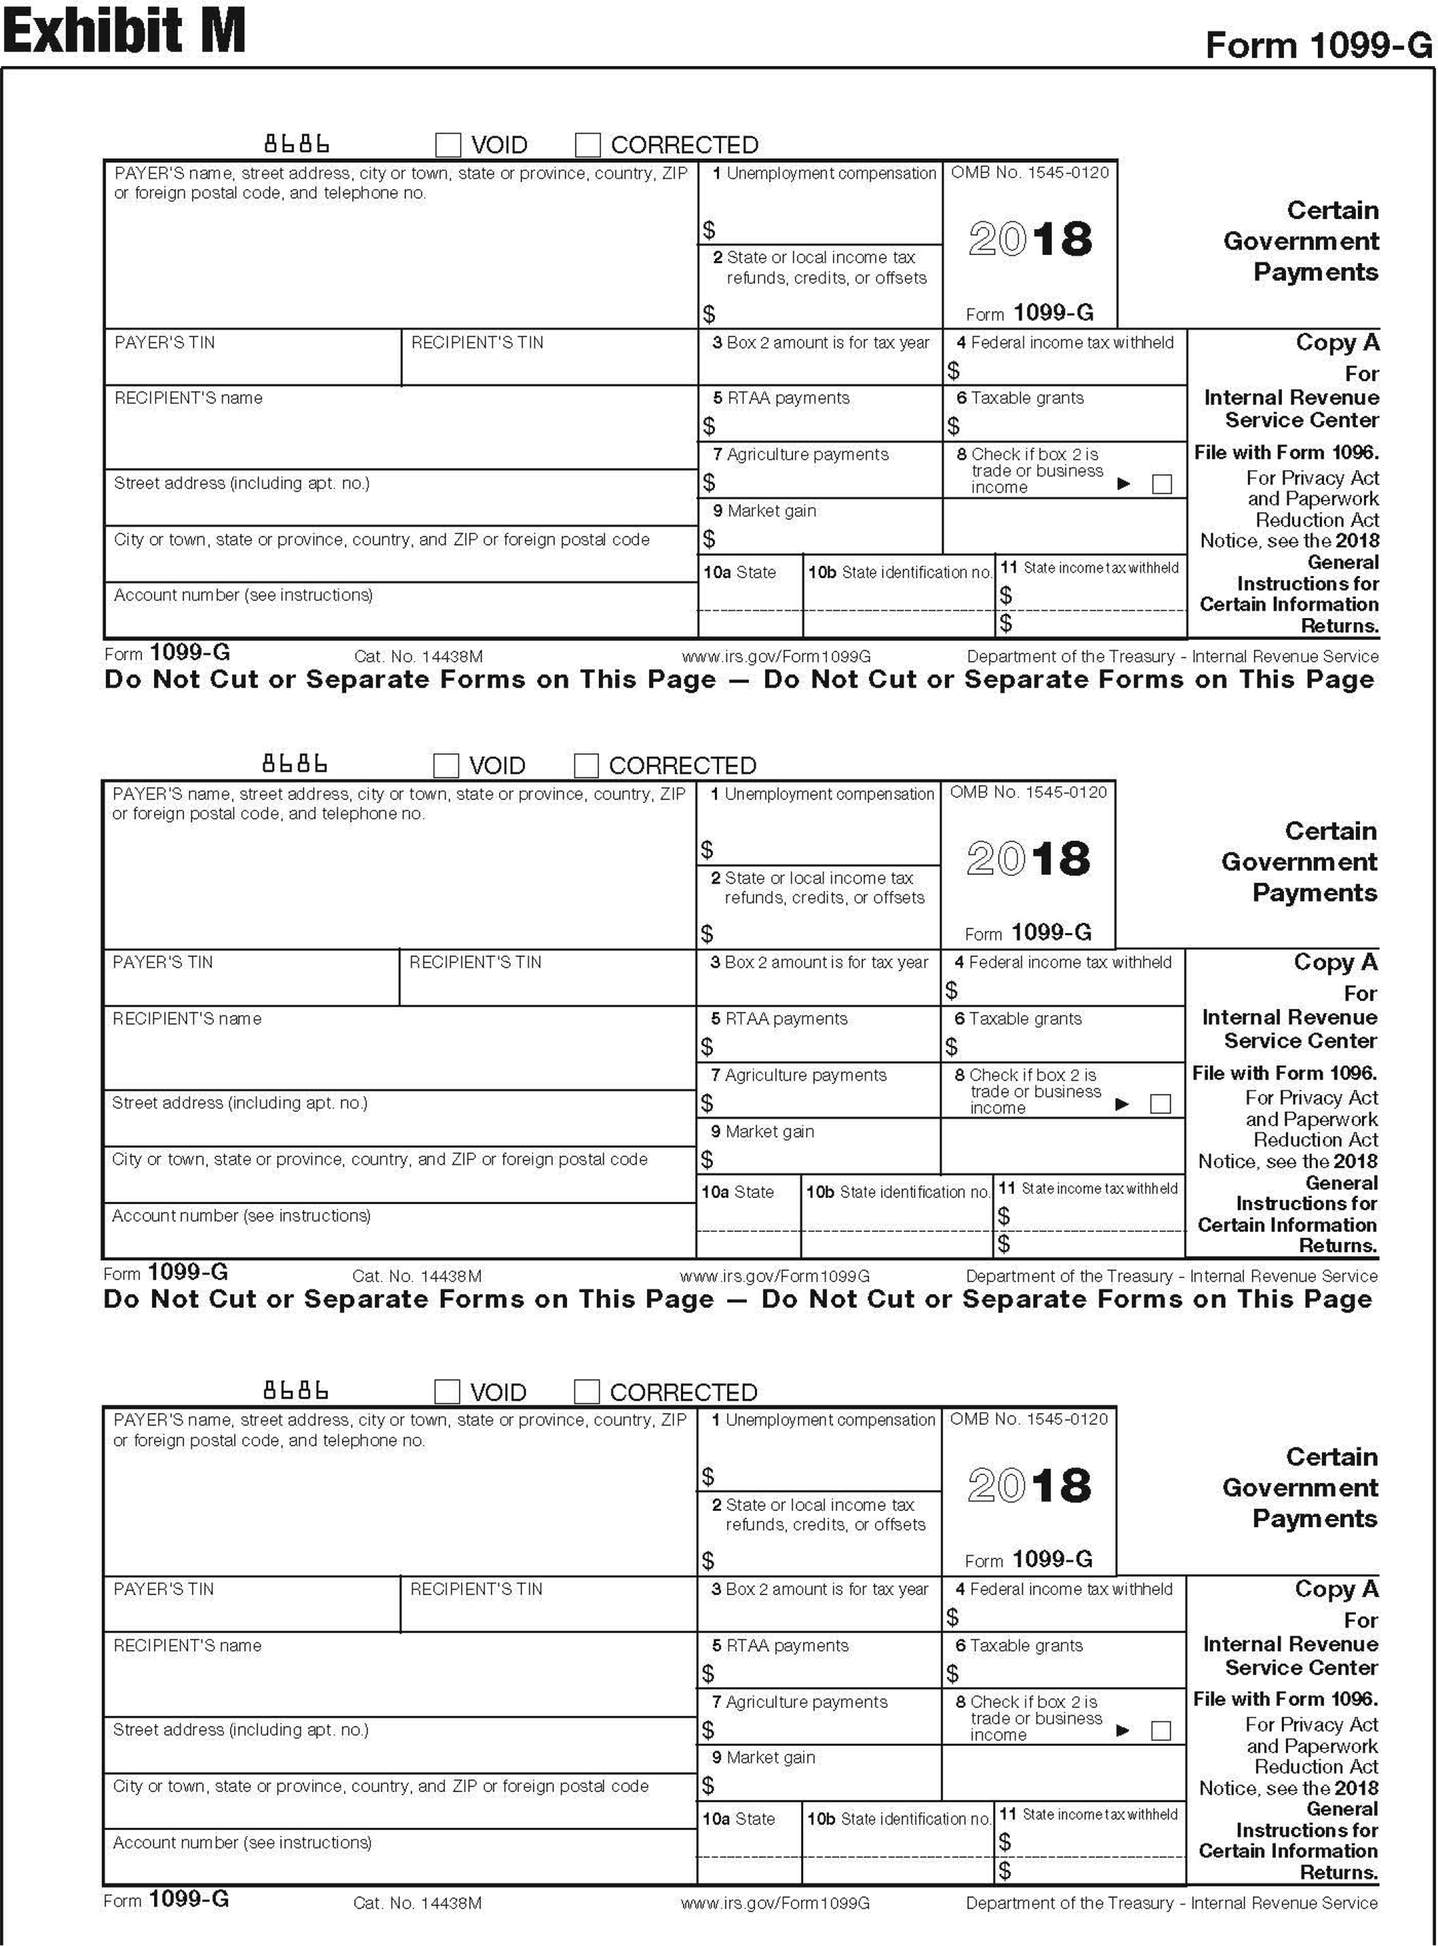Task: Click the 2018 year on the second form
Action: point(1028,859)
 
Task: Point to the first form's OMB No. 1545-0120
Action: point(1030,173)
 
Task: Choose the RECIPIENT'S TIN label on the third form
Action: point(476,1589)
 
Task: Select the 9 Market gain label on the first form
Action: point(764,511)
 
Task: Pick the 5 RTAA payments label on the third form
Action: point(780,1646)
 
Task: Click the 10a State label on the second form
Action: point(738,1192)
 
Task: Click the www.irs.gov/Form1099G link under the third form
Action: point(775,1903)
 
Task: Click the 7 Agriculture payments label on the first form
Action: point(800,454)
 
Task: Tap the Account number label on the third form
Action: point(242,1843)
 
